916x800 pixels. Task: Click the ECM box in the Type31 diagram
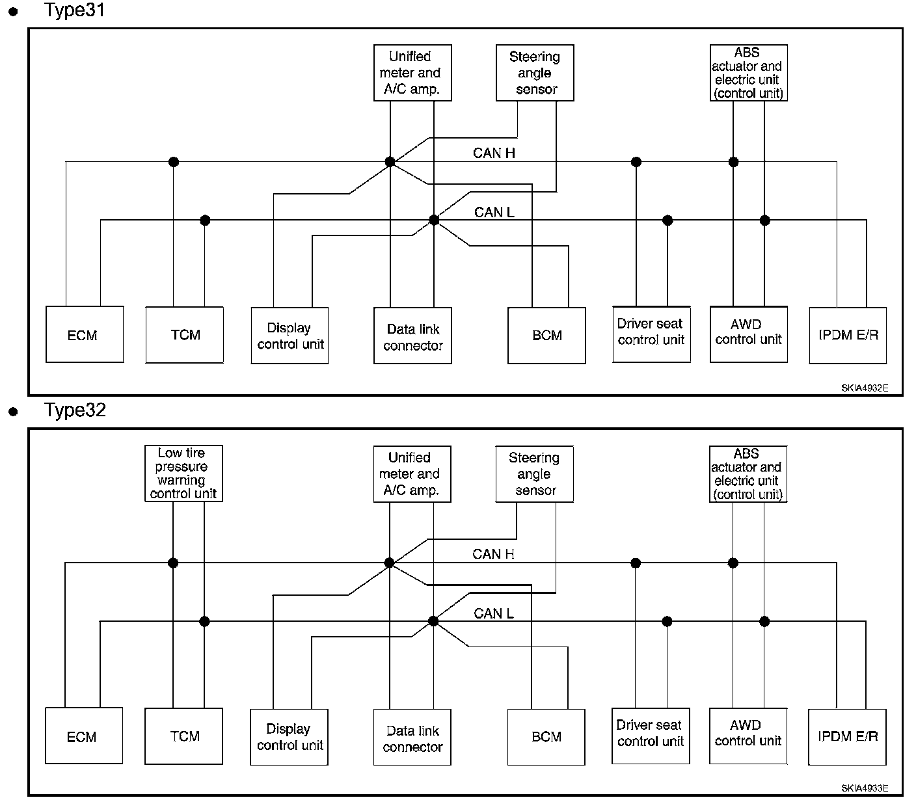point(85,334)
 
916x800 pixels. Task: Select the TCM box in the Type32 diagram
point(183,736)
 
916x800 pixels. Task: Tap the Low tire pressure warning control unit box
point(183,473)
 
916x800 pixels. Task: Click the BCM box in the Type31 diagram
point(546,335)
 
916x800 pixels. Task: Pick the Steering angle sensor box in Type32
point(535,474)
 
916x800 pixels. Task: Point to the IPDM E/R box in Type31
point(848,335)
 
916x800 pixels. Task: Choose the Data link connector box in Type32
point(412,737)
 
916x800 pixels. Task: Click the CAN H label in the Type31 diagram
point(494,153)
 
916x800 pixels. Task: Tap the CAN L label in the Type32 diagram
point(493,613)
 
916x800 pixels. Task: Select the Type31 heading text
point(74,10)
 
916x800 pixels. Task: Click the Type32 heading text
point(75,410)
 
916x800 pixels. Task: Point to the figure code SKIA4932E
point(865,388)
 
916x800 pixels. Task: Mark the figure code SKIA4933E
point(865,788)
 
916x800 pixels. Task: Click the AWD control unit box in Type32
point(748,736)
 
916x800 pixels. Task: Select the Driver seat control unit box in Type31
point(651,334)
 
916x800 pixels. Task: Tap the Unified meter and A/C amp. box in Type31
point(412,72)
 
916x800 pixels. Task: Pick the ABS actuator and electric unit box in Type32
point(748,474)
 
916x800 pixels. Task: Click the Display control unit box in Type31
point(290,335)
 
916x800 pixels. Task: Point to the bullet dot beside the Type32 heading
point(14,411)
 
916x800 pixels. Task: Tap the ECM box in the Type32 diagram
point(84,736)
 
